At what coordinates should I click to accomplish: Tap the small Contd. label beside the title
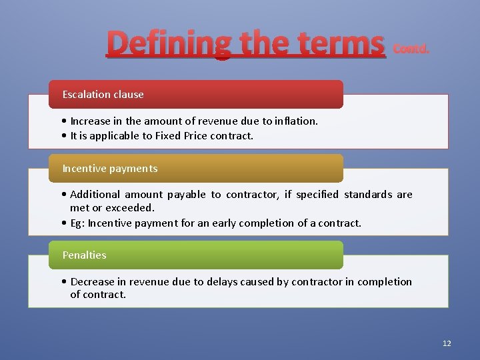tap(411, 49)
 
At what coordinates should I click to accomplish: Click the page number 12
tap(447, 343)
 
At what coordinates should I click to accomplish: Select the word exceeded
tap(130, 208)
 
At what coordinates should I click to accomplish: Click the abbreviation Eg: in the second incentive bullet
tap(77, 223)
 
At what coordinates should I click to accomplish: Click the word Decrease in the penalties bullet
tap(94, 282)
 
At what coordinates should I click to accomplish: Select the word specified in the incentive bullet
tap(317, 195)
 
